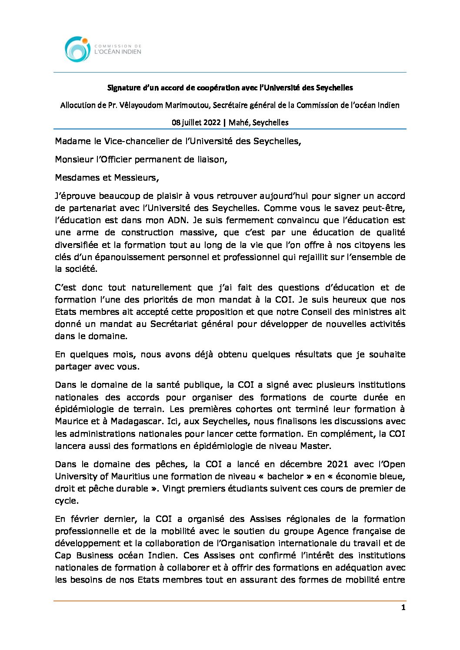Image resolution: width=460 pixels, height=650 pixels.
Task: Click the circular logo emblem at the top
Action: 77,49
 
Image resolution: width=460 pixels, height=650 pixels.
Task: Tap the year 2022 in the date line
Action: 212,122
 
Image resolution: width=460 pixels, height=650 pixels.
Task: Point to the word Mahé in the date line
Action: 238,122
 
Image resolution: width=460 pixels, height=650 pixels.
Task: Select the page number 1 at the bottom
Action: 403,607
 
